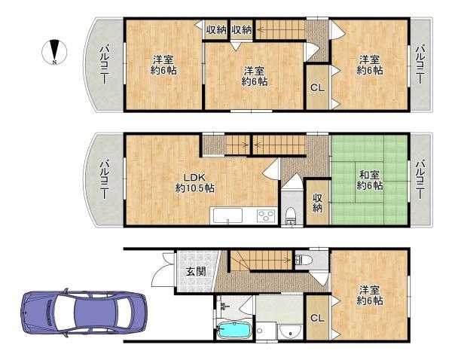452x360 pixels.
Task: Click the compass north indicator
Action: point(55,50)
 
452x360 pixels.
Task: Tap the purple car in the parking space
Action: point(84,309)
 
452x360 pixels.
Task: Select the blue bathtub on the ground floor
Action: point(234,331)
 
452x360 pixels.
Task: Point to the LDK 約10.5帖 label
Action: point(195,182)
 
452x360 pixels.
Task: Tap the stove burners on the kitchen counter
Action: point(266,216)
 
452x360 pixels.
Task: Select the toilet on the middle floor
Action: point(291,218)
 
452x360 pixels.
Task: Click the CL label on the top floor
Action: point(317,88)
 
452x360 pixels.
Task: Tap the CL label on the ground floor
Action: point(317,318)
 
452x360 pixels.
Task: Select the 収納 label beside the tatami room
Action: point(318,202)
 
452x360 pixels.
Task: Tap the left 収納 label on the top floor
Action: point(216,29)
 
